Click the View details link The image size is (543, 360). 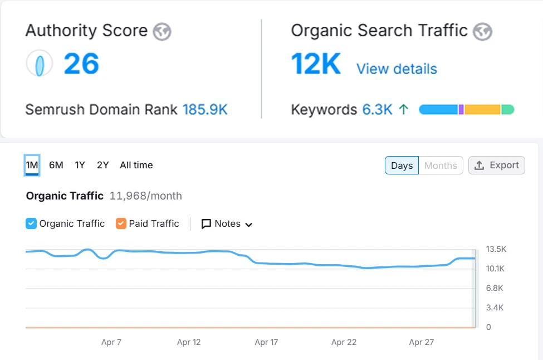397,69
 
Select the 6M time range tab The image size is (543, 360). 56,165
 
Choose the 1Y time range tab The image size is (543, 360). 80,165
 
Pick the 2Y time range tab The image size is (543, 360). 103,165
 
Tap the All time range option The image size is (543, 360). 136,165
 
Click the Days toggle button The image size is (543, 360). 402,166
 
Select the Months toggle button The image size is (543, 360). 441,166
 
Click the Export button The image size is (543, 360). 497,166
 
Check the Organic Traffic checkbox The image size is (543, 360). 31,223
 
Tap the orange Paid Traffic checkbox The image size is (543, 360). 121,223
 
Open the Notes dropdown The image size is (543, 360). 227,223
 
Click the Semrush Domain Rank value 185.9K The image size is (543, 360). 205,109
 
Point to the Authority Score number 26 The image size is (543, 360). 81,64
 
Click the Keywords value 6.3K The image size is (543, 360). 378,109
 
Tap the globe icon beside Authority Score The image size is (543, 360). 162,31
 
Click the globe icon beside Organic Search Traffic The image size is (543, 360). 482,31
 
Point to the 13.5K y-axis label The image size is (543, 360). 496,249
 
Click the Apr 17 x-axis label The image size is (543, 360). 266,342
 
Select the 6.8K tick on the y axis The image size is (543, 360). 495,288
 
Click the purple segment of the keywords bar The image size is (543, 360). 461,109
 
